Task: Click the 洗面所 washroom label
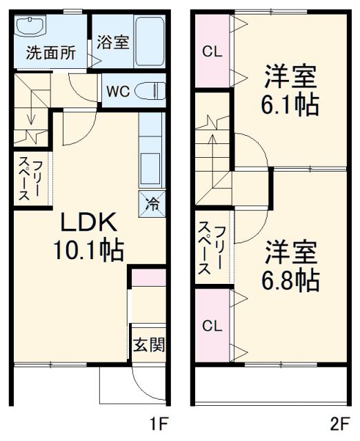(x=52, y=53)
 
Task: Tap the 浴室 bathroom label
(x=112, y=42)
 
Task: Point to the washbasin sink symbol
(x=30, y=28)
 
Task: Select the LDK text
(x=90, y=224)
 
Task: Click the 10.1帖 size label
(x=89, y=250)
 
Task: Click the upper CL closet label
(x=213, y=52)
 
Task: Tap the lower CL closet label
(x=213, y=325)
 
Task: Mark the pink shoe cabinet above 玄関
(x=149, y=278)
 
